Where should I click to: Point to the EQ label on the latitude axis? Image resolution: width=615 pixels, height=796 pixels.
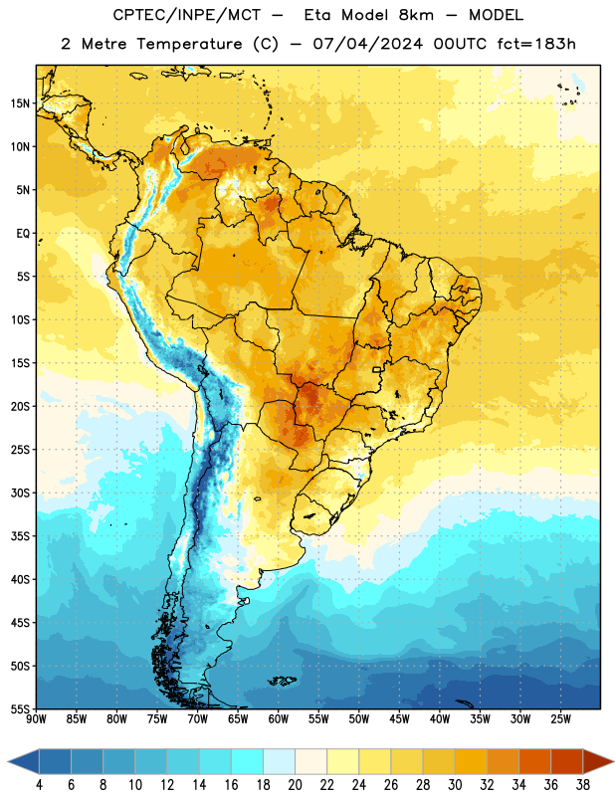23,234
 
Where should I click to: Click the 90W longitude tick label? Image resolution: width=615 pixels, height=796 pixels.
36,719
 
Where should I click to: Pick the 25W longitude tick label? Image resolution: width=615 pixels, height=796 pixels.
560,719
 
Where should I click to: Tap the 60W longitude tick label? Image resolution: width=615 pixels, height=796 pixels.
279,719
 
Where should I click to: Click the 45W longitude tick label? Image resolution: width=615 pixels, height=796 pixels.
400,719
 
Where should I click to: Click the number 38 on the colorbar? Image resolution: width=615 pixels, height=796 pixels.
583,785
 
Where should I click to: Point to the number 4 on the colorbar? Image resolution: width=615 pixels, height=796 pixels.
39,785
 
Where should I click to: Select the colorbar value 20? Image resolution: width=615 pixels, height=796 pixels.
295,785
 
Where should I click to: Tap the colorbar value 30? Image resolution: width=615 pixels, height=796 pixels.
455,785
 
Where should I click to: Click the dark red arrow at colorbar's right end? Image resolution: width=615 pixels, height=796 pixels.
597,761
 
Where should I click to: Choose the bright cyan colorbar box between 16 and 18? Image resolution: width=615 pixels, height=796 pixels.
247,761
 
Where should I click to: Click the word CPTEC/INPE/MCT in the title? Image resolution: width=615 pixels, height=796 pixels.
186,15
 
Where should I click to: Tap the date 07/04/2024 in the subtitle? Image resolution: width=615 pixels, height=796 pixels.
367,44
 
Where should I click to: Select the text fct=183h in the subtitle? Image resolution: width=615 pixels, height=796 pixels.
536,44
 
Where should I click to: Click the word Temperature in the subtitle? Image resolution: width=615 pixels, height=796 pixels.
189,45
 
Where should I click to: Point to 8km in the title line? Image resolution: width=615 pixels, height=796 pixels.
416,15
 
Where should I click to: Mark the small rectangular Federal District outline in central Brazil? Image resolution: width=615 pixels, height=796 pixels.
377,369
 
